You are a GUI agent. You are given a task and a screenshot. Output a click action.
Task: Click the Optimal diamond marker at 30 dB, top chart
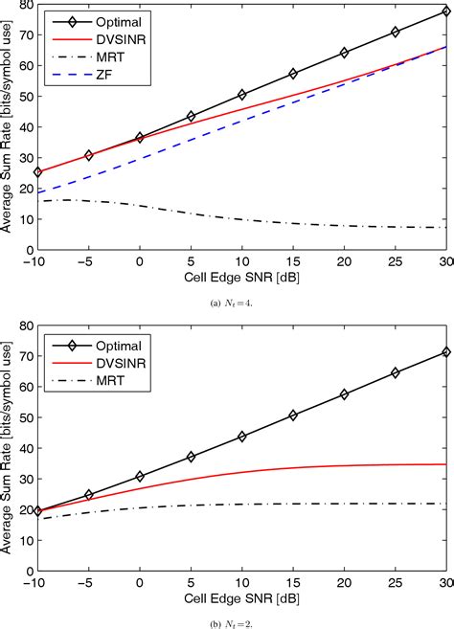click(x=445, y=11)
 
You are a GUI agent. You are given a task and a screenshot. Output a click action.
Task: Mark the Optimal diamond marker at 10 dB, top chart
click(x=241, y=95)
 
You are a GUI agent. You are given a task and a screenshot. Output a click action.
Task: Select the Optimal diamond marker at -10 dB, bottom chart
click(x=37, y=511)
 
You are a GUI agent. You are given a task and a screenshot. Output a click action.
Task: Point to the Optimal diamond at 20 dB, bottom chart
click(x=344, y=393)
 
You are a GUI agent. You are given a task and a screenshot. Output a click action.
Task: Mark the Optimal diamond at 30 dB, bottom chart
click(x=445, y=352)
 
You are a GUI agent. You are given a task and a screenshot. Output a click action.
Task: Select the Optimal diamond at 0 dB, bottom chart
click(x=140, y=476)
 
